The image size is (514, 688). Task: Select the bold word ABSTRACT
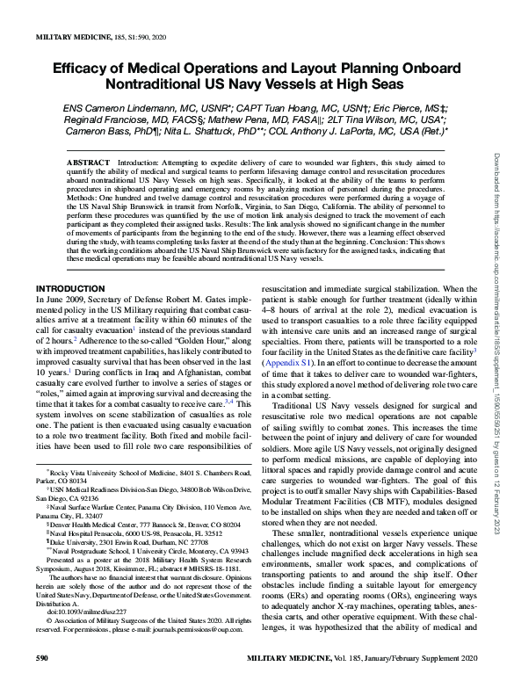tap(90, 164)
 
